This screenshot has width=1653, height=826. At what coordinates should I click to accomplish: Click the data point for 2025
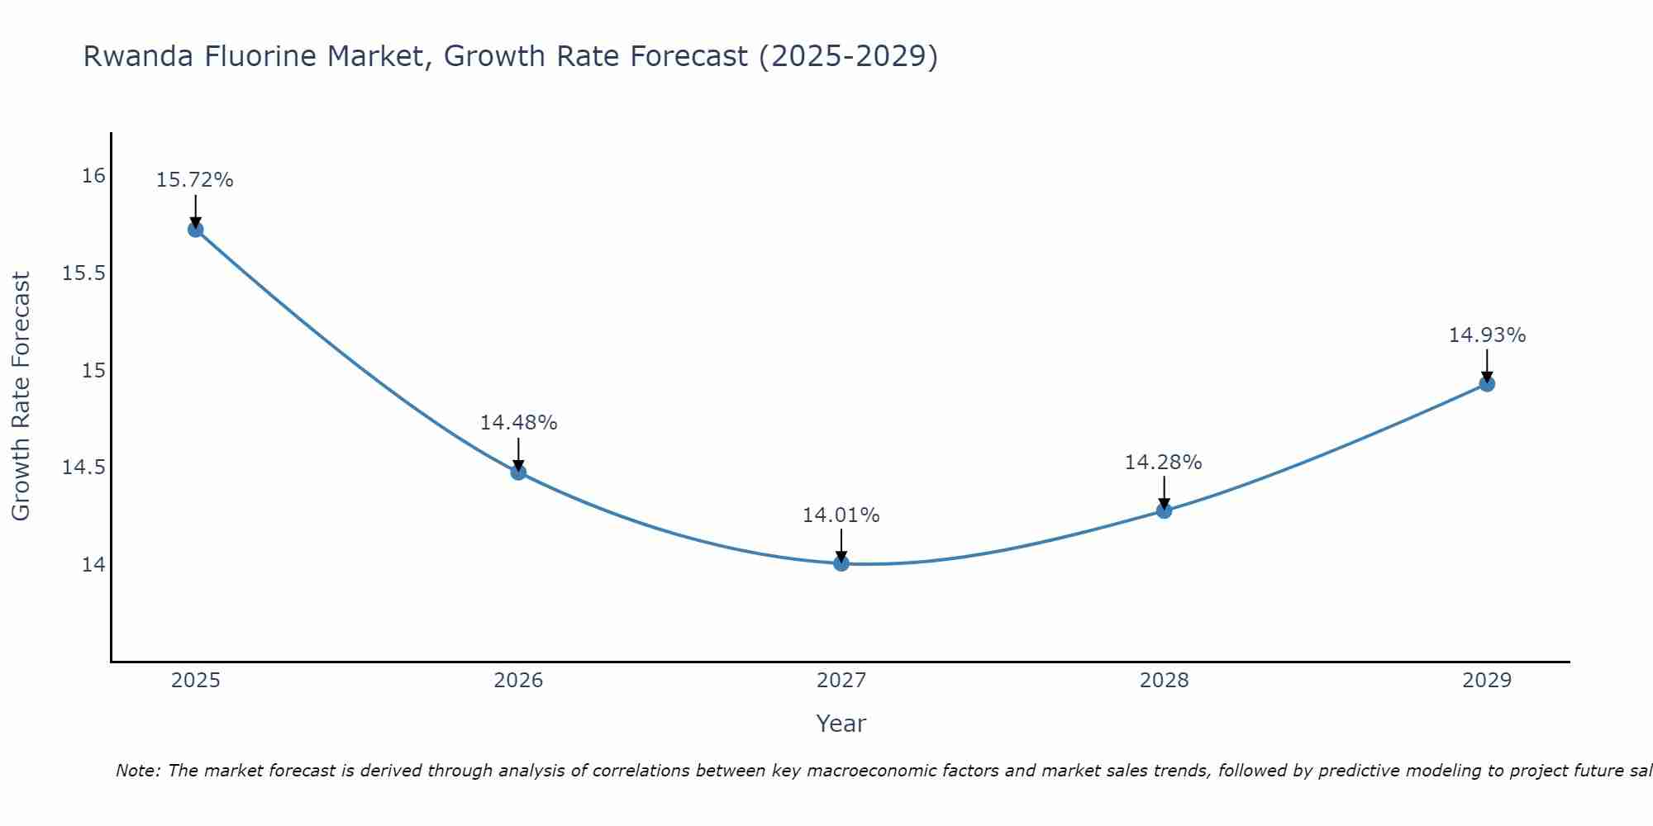pos(196,230)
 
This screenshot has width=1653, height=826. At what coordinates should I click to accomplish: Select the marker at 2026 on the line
pos(518,472)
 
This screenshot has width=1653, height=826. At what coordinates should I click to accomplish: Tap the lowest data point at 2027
pos(841,563)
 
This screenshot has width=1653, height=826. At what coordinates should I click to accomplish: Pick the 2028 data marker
pos(1164,510)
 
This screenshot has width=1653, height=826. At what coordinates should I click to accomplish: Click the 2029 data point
pos(1487,384)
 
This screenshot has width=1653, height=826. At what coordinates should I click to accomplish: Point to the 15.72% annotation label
pos(195,180)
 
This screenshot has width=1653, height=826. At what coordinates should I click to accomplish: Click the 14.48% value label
pos(518,423)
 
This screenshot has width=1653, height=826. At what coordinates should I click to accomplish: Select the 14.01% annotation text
pos(841,515)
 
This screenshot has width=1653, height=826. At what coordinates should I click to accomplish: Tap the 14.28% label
pos(1163,463)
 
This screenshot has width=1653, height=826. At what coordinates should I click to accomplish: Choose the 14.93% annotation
pos(1487,335)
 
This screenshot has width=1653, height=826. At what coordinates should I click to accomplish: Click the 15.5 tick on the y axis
pos(84,273)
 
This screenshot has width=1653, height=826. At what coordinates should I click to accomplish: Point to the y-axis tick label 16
pos(93,176)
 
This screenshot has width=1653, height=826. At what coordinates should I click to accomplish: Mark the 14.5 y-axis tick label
pos(84,468)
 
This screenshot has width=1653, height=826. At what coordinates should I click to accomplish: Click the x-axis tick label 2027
pos(841,681)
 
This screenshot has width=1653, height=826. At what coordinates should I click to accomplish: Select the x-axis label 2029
pos(1487,681)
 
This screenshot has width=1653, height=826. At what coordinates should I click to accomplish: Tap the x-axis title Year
pos(841,724)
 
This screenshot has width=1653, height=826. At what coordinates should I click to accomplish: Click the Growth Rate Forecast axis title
pos(21,396)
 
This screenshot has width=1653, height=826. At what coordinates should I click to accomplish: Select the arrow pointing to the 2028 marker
pos(1164,492)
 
